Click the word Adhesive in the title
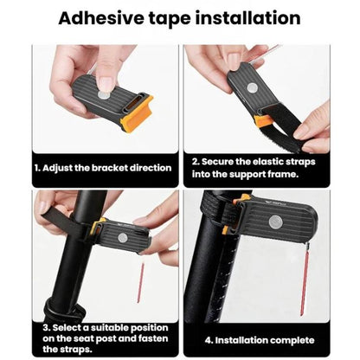coord(101,18)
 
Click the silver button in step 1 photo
coord(102,93)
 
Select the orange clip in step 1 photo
coord(138,113)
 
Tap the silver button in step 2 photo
coord(253,88)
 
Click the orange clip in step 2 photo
coord(262,121)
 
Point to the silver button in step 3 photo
coord(123,238)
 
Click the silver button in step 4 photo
coord(275,222)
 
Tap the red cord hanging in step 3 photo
coord(141,283)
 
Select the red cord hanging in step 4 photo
coord(305,279)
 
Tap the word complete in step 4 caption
coord(292,340)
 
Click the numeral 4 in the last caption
coord(208,340)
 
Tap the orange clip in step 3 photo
coord(97,227)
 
